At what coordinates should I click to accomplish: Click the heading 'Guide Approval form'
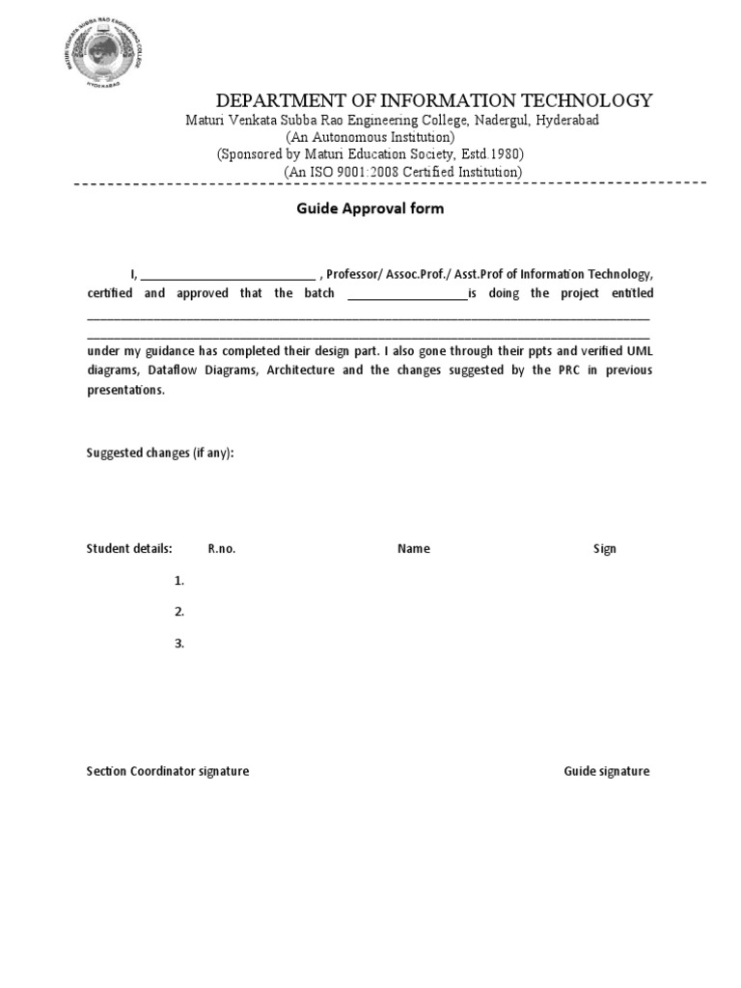[x=370, y=208]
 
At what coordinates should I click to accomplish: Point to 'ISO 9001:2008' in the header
[x=368, y=172]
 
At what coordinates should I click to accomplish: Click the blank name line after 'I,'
[x=228, y=274]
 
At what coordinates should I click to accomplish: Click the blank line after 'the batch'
[x=406, y=293]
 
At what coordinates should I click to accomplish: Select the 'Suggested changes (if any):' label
[x=160, y=453]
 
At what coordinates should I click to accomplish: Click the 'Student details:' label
[x=129, y=549]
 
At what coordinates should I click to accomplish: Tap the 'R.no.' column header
[x=222, y=549]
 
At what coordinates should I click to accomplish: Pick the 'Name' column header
[x=413, y=549]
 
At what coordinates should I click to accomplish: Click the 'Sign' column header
[x=604, y=549]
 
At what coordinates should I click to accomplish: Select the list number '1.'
[x=179, y=581]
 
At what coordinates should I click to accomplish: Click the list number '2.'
[x=179, y=612]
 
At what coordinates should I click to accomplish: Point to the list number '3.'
[x=179, y=644]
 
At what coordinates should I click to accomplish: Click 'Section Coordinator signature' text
[x=168, y=771]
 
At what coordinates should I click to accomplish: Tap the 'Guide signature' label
[x=607, y=771]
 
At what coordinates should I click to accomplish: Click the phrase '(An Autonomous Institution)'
[x=370, y=137]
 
